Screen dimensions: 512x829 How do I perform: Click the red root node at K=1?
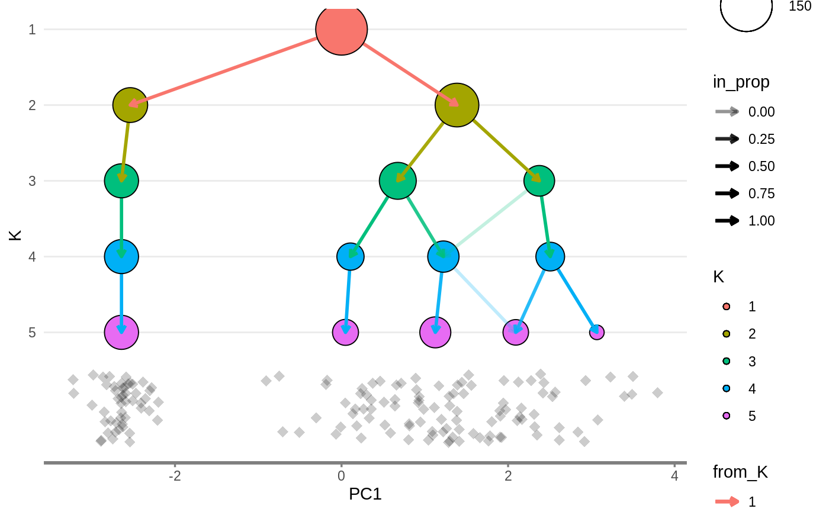tap(342, 29)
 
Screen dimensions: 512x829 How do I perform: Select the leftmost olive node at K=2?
tap(130, 105)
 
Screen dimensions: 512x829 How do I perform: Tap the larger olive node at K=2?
tap(457, 105)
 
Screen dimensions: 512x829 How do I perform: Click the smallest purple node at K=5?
tap(597, 332)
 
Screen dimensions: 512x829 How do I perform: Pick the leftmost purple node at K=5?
tap(121, 332)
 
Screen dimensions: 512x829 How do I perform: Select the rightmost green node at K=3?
tap(539, 181)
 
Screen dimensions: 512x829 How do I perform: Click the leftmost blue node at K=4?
tap(121, 256)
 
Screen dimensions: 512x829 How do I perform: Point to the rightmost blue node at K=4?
tap(550, 256)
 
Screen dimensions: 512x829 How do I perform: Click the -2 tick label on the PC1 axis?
tap(175, 476)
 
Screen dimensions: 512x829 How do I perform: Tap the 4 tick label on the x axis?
tap(674, 476)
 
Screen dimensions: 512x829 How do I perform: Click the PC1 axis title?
tap(365, 494)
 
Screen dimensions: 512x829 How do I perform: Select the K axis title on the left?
tap(16, 234)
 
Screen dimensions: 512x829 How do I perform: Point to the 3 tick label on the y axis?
tap(32, 181)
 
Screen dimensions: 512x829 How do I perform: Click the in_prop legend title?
tap(741, 82)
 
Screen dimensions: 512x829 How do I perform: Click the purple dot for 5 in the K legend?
tap(727, 416)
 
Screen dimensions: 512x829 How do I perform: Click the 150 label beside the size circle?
tap(800, 7)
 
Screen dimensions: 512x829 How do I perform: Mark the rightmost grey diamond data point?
tap(657, 392)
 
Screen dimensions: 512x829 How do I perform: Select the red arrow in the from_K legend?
tap(727, 502)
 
